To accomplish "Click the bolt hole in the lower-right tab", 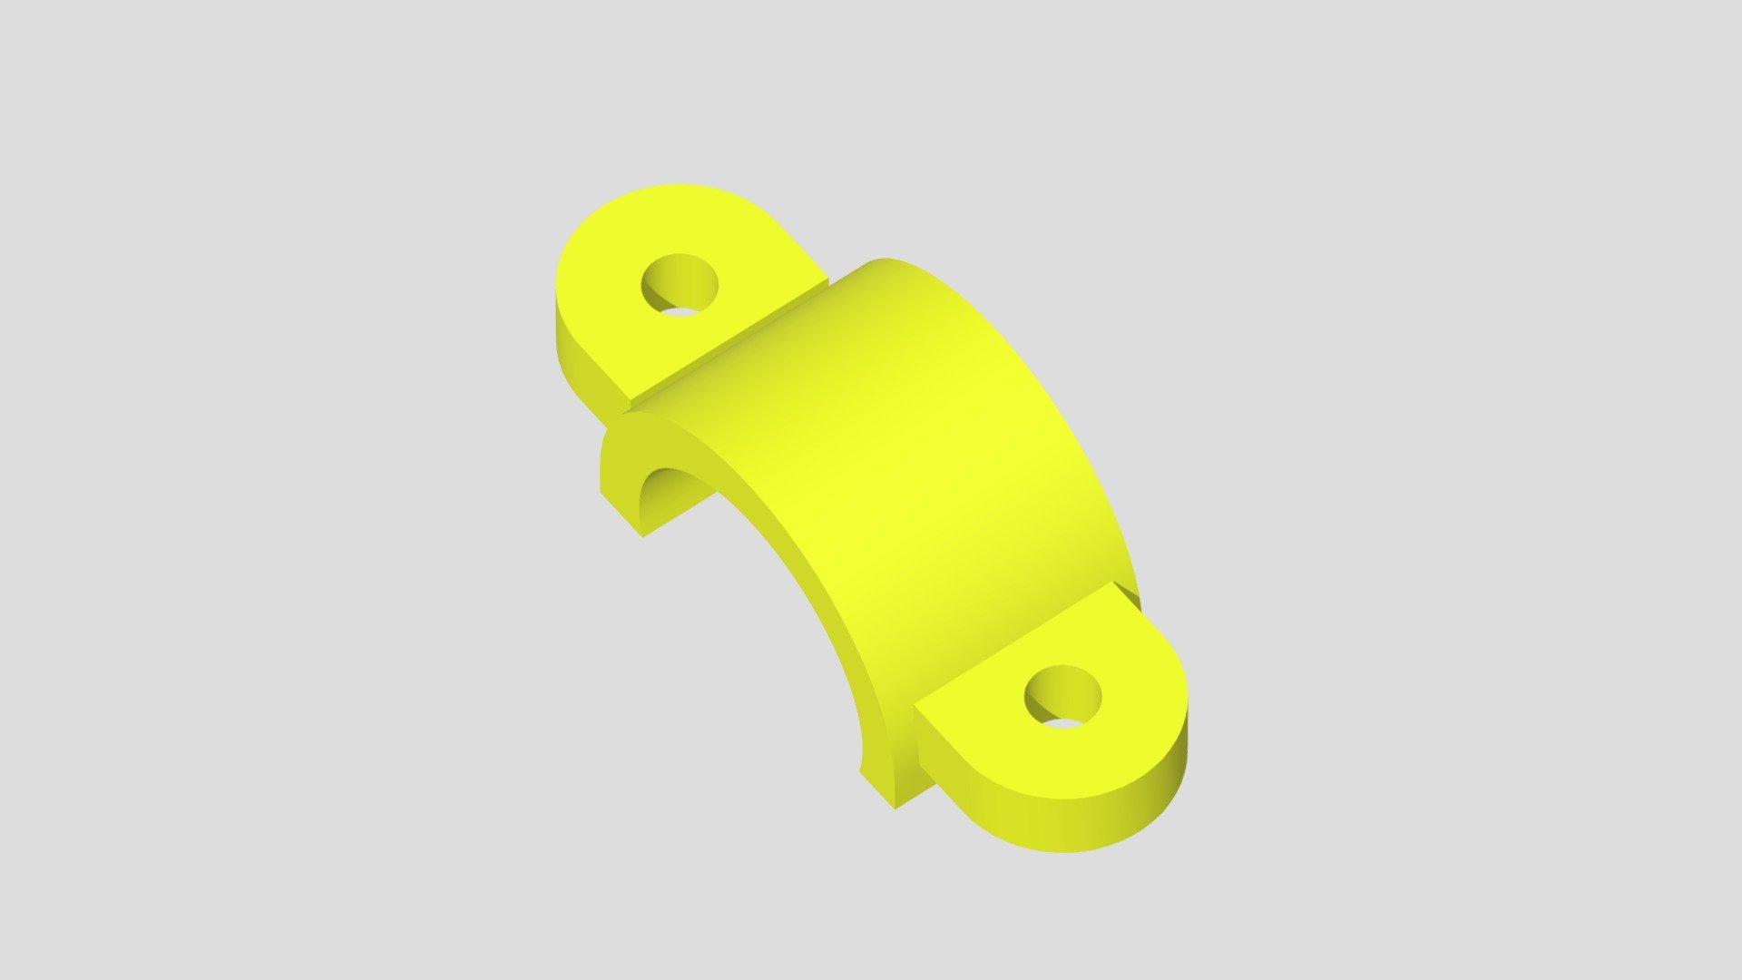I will point(1062,695).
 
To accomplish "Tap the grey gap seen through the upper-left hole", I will point(680,311).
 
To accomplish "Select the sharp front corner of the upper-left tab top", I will point(631,402).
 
